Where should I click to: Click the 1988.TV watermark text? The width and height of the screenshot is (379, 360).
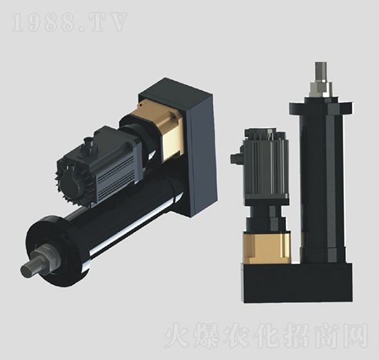click(x=70, y=23)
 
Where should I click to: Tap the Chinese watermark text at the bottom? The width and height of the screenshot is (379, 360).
click(x=267, y=335)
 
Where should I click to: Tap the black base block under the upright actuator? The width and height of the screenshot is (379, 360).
click(x=296, y=282)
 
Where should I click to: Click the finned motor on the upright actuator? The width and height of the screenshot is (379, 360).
click(x=267, y=165)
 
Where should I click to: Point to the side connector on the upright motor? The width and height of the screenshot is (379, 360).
click(x=237, y=158)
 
